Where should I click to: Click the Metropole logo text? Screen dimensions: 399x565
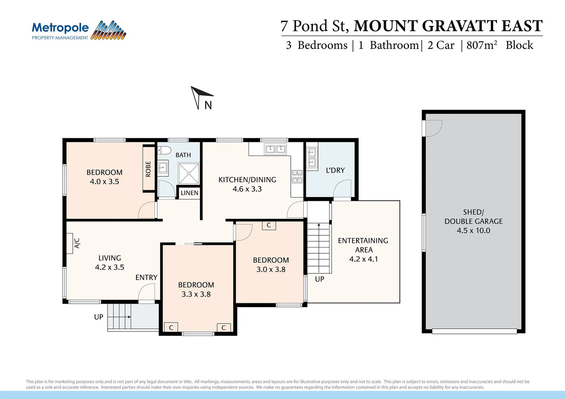point(60,28)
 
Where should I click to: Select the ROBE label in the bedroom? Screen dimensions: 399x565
point(148,169)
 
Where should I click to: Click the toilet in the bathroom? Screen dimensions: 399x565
point(164,150)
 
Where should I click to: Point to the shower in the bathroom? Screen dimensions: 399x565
point(189,173)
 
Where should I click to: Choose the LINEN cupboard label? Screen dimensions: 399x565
point(189,193)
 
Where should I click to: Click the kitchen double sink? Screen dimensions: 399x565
point(275,149)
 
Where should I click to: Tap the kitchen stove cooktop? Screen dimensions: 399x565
point(297,177)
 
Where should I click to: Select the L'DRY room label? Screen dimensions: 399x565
point(335,170)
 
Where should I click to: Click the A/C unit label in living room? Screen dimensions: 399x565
point(77,243)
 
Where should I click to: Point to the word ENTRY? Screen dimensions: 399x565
point(146,277)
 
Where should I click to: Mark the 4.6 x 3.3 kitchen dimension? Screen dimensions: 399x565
point(247,189)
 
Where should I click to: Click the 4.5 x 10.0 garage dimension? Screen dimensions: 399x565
point(473,231)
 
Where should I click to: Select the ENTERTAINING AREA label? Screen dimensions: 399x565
point(363,245)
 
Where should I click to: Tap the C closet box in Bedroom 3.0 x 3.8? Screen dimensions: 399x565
point(269,225)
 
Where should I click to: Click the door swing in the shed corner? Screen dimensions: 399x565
point(433,128)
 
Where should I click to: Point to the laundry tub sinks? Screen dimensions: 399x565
point(312,157)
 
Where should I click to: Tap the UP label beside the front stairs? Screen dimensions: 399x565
point(98,317)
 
